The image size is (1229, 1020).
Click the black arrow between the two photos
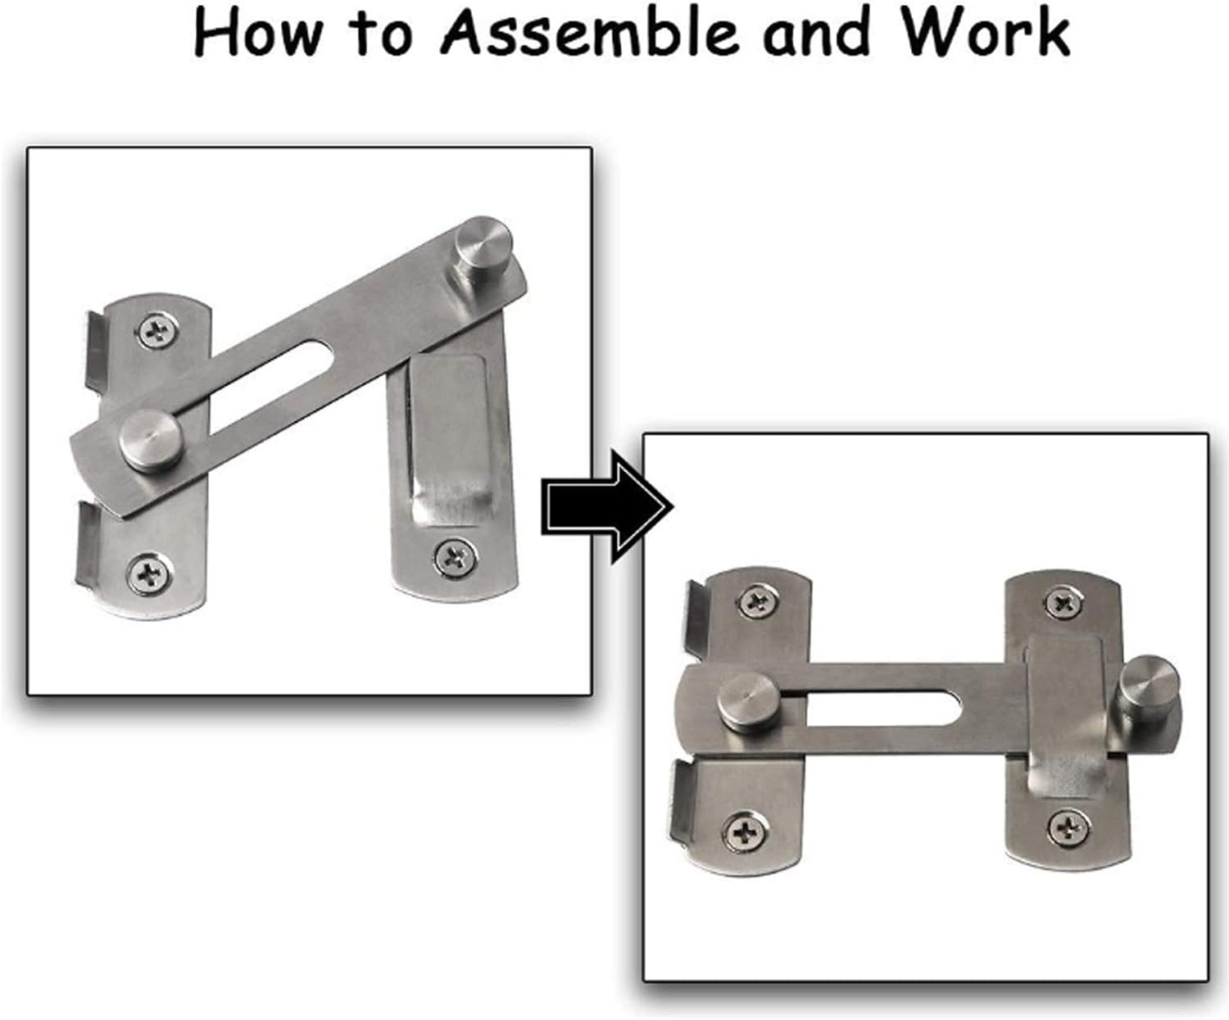[x=607, y=510]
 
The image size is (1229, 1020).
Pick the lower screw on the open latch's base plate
[x=150, y=573]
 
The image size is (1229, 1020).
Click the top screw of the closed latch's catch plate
[x=1063, y=605]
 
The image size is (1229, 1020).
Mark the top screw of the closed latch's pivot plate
[x=756, y=603]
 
